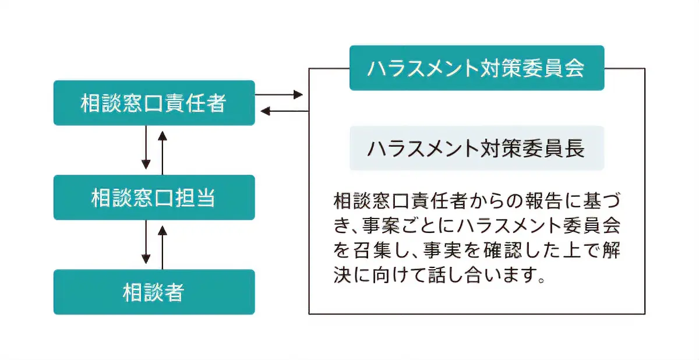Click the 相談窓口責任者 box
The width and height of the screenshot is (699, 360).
[x=154, y=103]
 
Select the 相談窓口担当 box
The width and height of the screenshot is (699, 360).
[x=154, y=197]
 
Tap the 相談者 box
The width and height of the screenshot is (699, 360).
[x=154, y=292]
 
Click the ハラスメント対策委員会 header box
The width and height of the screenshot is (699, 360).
[x=476, y=68]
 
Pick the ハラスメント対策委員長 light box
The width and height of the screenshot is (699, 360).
[x=476, y=148]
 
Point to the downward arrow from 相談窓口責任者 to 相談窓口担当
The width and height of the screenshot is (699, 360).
[x=146, y=150]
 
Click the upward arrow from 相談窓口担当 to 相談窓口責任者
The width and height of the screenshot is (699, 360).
[x=163, y=150]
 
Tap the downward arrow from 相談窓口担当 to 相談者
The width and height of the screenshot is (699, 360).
[x=146, y=245]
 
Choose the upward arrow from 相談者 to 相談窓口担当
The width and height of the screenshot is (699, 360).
[x=163, y=245]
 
